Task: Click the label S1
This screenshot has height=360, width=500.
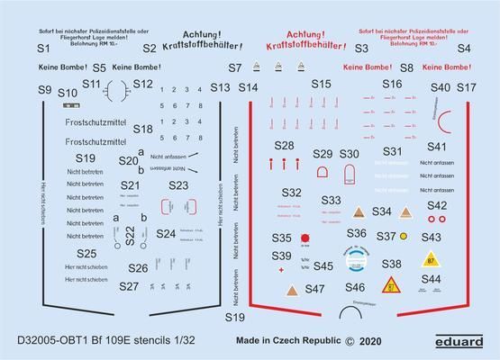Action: tap(42, 50)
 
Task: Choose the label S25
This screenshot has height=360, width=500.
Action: tap(86, 254)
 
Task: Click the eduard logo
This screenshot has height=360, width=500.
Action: tap(464, 341)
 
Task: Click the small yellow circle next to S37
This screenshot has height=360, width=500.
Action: tap(404, 236)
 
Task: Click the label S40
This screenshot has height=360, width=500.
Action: tap(440, 87)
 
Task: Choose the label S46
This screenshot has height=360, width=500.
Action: tap(354, 286)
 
